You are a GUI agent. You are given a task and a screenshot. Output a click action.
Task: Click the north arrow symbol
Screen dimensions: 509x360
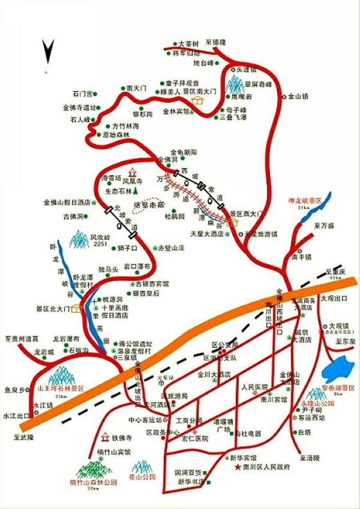click(48, 52)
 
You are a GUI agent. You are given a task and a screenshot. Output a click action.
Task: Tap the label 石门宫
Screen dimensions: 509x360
click(84, 93)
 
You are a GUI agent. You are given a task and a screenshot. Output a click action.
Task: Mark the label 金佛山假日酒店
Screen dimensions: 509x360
click(66, 201)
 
